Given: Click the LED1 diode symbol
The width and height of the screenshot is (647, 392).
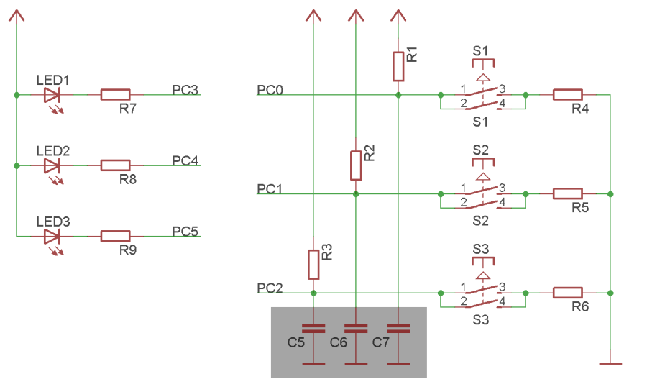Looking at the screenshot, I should (51, 94).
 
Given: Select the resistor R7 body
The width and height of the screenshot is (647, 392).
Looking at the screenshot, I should (115, 94).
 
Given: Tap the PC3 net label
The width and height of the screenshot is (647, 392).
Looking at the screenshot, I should (185, 90).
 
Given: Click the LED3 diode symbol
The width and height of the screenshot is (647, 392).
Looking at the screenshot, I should (51, 235).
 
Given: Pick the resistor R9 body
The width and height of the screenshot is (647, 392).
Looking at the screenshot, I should (115, 235).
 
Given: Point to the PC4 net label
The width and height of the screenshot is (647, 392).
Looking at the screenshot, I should (185, 160).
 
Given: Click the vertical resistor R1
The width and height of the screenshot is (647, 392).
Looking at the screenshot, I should (398, 66).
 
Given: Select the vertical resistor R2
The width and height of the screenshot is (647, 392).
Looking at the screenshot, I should (356, 165).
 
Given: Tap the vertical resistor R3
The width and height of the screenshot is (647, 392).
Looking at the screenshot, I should (313, 265).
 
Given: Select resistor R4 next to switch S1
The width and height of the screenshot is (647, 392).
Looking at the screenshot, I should (567, 94).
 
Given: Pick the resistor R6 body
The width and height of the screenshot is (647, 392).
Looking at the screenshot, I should (567, 293).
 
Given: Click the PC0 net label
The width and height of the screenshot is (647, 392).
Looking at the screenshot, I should (270, 90).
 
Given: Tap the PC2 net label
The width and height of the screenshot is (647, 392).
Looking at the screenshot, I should (270, 288).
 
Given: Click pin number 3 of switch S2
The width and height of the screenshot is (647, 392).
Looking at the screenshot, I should (502, 188).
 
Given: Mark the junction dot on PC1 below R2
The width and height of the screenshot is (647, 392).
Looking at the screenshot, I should (356, 193).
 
